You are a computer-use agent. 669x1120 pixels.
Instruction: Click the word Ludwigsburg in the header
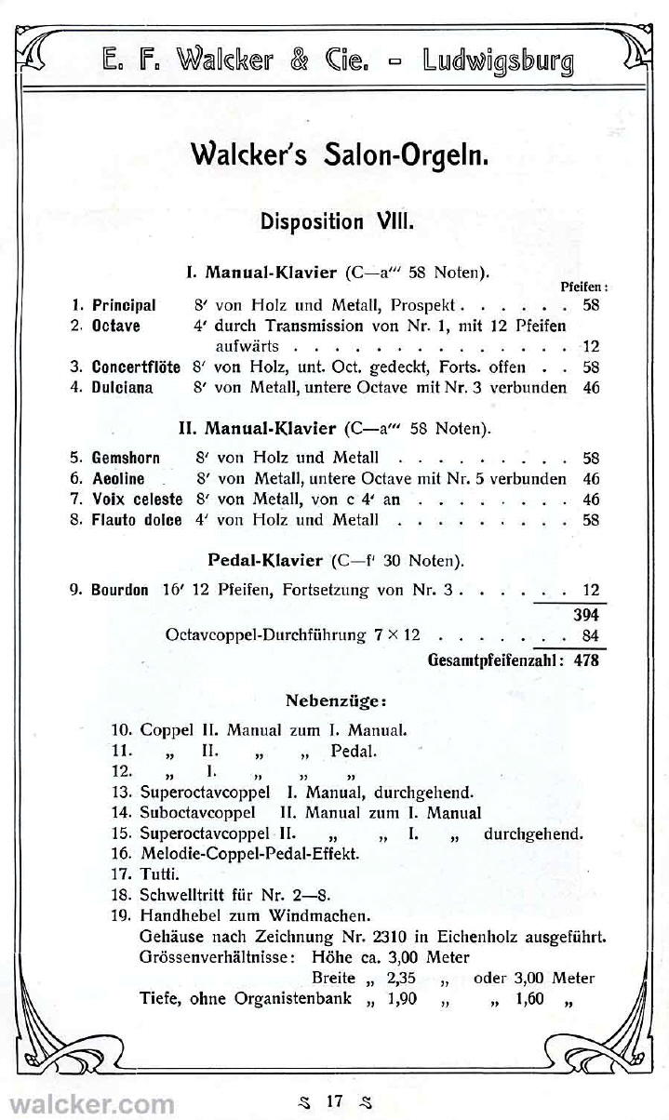click(498, 61)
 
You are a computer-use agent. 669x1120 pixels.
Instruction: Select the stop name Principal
click(124, 305)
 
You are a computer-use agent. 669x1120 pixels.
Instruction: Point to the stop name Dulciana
click(123, 387)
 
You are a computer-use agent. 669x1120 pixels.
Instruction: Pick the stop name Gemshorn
click(126, 458)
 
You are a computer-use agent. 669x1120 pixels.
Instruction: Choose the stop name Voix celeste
click(136, 500)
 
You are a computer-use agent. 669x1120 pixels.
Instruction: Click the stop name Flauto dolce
click(136, 520)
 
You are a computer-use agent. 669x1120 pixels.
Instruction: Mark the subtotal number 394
click(585, 615)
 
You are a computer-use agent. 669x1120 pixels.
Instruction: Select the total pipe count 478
click(585, 660)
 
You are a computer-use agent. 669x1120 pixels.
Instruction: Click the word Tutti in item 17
click(159, 873)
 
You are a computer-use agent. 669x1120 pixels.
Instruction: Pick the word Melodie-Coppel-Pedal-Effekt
click(249, 852)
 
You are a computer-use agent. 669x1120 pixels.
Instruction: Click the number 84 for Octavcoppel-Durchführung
click(590, 636)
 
